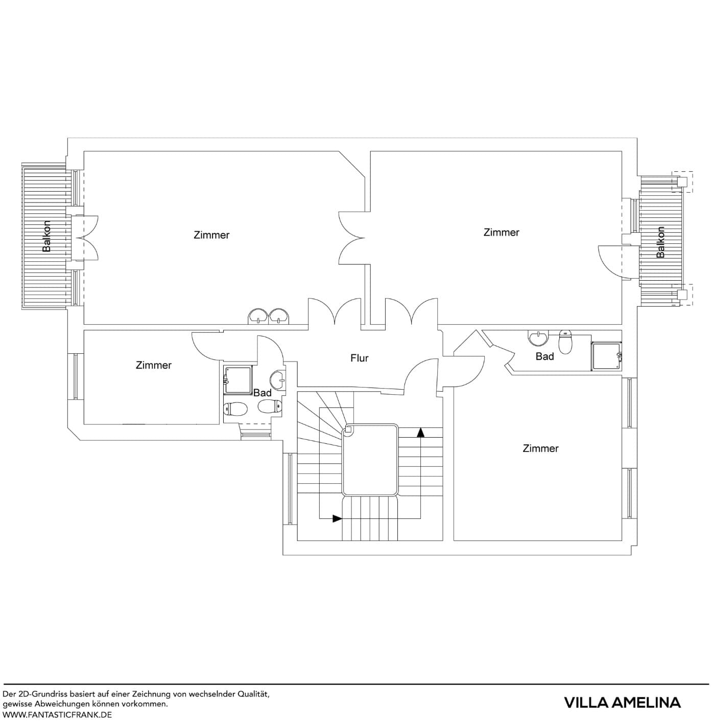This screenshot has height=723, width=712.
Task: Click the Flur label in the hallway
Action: tap(359, 358)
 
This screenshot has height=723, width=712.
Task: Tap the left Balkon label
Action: tap(47, 236)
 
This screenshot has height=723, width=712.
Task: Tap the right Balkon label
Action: tap(660, 242)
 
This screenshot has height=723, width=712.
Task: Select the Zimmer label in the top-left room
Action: tap(211, 235)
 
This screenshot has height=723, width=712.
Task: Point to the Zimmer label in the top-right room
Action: tap(501, 233)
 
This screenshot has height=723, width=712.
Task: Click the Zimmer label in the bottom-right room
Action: tap(540, 448)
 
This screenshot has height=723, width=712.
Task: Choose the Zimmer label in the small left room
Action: tap(153, 365)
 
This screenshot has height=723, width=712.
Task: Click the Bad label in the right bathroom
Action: tap(544, 356)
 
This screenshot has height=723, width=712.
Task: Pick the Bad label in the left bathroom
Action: tap(262, 393)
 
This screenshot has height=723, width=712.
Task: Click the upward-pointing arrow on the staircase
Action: tap(420, 433)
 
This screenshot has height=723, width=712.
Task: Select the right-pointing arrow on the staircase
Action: tap(337, 518)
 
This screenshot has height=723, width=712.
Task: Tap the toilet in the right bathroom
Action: tap(565, 342)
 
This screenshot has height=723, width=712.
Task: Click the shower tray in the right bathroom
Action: tap(606, 356)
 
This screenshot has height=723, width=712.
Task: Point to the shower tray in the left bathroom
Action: tap(238, 380)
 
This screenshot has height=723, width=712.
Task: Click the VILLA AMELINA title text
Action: tap(622, 703)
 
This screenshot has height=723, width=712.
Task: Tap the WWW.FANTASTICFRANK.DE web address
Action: tap(57, 715)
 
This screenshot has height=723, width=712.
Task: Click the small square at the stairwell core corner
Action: tap(348, 430)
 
